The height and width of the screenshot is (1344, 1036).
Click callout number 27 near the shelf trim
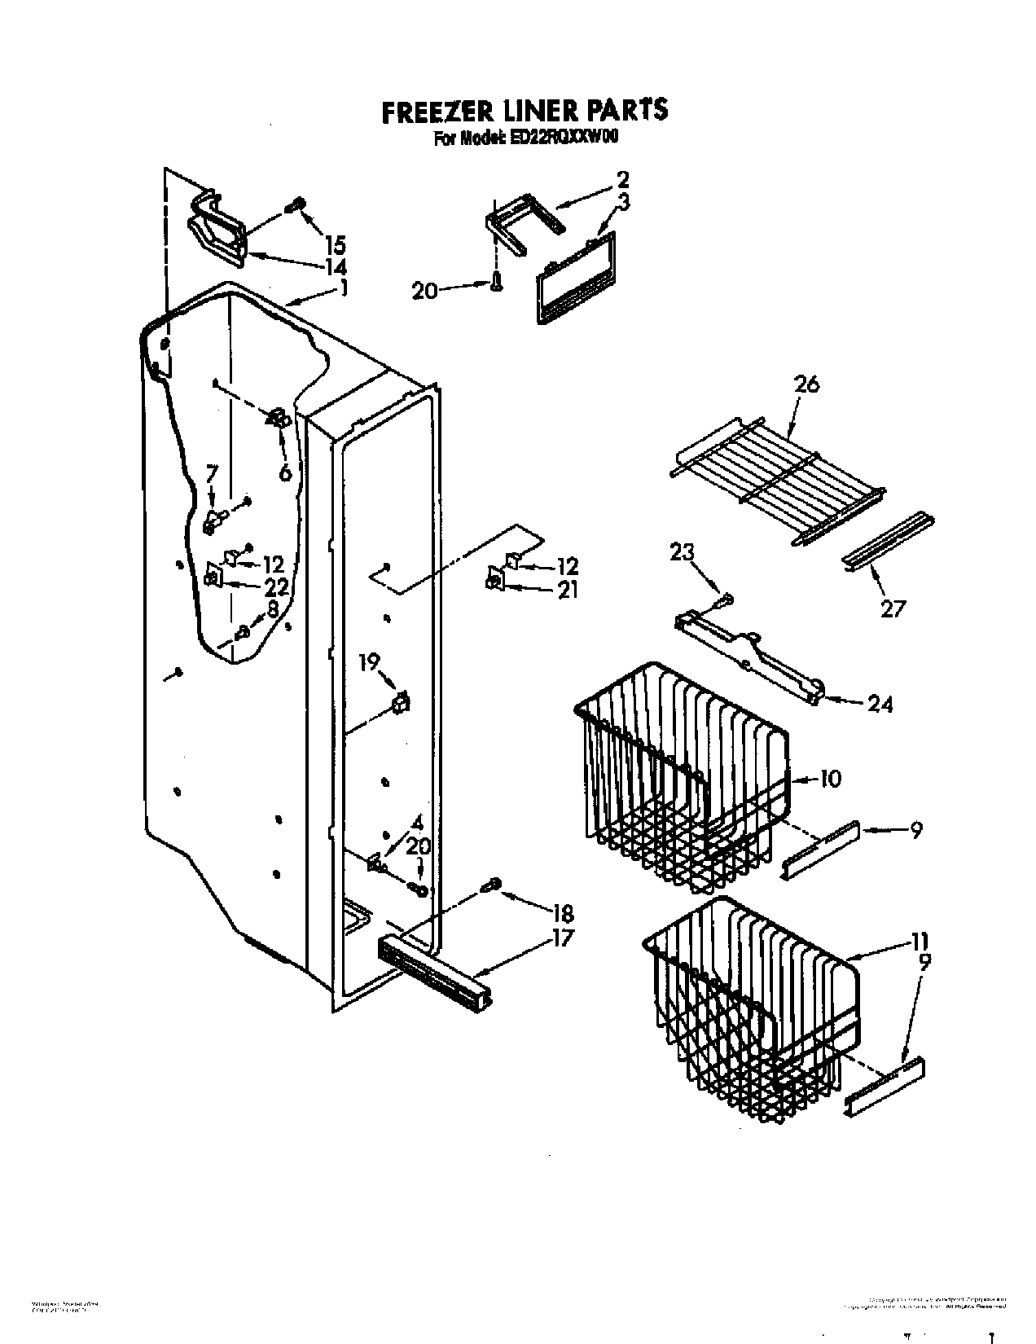click(x=892, y=608)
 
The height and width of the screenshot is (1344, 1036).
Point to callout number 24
click(x=880, y=704)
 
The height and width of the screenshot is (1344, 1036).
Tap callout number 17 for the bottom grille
click(x=561, y=938)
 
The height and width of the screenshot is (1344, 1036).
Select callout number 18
click(x=561, y=912)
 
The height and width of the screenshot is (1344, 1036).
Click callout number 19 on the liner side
click(x=370, y=661)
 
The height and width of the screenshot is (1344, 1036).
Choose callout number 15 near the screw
click(x=335, y=244)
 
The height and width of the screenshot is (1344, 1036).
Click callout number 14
click(x=335, y=266)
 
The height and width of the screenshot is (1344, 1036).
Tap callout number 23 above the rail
click(x=682, y=553)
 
